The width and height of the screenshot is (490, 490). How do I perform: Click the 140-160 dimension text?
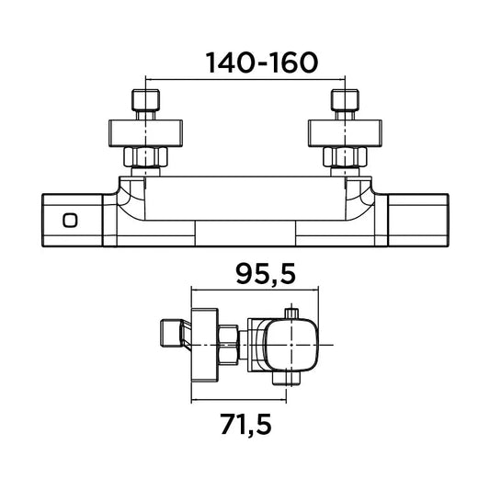(262, 63)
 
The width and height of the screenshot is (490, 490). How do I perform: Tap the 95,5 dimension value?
(266, 274)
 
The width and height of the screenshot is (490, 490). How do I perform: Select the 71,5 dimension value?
(245, 424)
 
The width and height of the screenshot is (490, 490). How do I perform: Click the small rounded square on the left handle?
(70, 221)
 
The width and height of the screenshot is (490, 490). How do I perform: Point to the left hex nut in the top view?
(145, 157)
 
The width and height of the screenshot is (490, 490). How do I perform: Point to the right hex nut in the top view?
(345, 157)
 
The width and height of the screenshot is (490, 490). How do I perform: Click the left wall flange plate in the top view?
(145, 133)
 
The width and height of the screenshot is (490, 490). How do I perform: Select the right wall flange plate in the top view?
(345, 133)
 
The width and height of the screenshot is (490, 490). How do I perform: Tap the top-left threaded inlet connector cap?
(145, 100)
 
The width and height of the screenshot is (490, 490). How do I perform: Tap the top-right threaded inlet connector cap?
(345, 100)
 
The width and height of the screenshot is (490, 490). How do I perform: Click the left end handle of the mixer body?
(73, 221)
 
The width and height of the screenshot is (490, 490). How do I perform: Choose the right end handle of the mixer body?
(418, 221)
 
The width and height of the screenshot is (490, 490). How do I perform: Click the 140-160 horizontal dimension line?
(245, 80)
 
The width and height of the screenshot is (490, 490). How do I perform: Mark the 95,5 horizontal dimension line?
(255, 290)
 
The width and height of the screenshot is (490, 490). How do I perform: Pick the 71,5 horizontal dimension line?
(239, 399)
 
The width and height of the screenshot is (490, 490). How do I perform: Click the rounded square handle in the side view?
(291, 345)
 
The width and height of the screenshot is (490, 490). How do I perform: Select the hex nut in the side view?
(228, 345)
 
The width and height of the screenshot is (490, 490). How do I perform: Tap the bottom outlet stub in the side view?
(286, 378)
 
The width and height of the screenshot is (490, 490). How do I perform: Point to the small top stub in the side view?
(291, 313)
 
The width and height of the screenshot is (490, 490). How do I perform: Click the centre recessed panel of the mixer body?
(245, 234)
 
